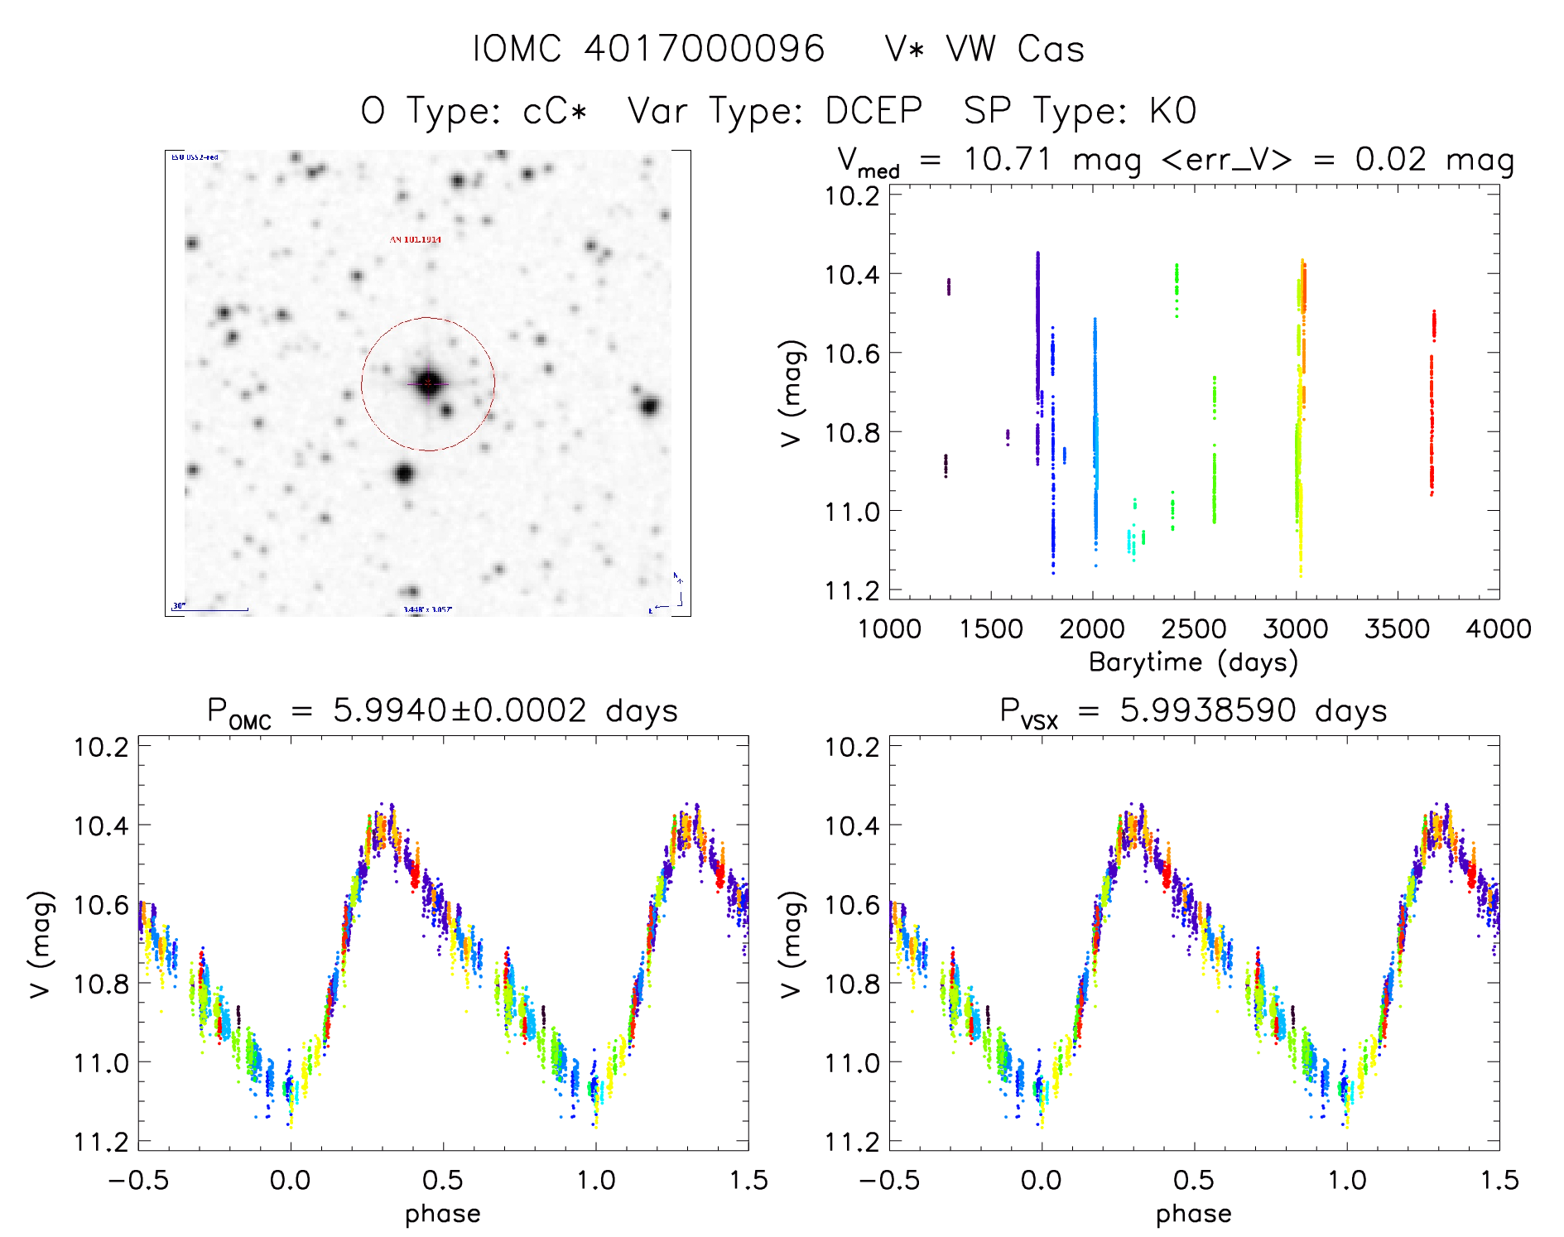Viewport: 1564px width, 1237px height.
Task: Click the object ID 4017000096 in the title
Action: pos(705,49)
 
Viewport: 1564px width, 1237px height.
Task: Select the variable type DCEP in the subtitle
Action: pos(873,110)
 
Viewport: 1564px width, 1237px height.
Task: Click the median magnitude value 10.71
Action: pos(1007,159)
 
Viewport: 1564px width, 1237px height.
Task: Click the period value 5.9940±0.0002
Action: pos(460,710)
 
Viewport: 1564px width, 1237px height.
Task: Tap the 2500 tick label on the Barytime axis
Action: pos(1194,628)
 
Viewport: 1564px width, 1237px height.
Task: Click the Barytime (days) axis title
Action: pos(1193,662)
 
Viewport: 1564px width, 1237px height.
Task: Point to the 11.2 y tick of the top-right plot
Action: pos(852,590)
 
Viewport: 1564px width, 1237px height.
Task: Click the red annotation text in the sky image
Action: pos(416,239)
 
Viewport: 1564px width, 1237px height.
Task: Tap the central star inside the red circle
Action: pos(428,383)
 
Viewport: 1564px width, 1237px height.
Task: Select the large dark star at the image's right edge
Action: pos(650,406)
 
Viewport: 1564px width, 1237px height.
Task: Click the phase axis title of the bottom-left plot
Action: pos(442,1214)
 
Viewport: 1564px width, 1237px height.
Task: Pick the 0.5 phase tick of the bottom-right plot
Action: pos(1194,1180)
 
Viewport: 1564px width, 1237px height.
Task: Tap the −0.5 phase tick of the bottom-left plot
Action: pos(138,1180)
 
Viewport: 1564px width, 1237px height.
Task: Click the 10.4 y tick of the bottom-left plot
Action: pos(101,825)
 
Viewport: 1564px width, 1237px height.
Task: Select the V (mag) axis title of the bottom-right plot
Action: pos(792,945)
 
